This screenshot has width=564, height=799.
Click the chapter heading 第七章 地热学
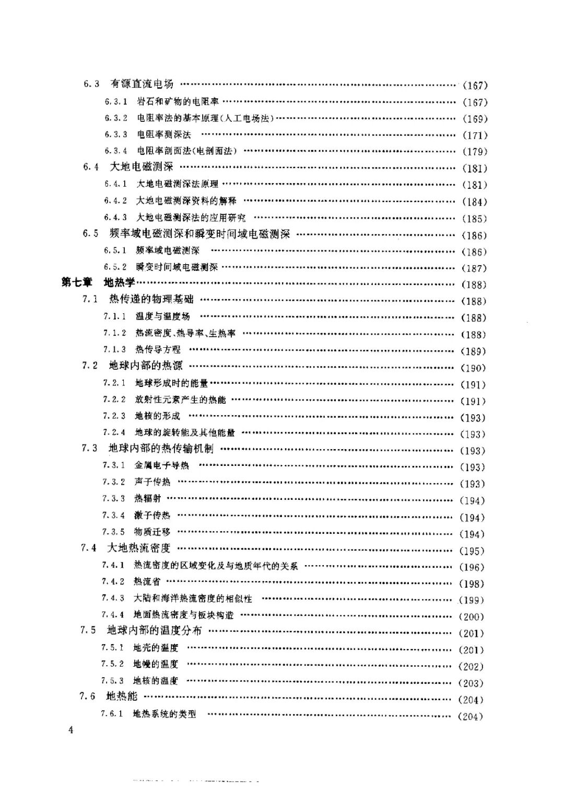[x=98, y=283]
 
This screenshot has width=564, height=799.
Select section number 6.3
[x=91, y=84]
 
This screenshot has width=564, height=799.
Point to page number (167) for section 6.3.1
[x=475, y=102]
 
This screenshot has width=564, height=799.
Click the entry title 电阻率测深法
[x=164, y=134]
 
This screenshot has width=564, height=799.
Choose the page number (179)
[x=475, y=152]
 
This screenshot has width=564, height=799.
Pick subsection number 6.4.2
[x=115, y=201]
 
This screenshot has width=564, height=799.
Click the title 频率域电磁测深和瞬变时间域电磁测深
[x=200, y=234]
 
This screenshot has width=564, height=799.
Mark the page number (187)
[x=474, y=268]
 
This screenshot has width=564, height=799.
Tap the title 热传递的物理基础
[x=151, y=299]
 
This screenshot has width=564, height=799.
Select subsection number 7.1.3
[x=114, y=349]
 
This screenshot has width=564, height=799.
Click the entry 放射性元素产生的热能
[x=180, y=400]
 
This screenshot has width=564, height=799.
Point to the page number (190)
[x=473, y=368]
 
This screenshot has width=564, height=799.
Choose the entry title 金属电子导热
[x=162, y=465]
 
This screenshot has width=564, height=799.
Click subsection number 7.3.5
[x=113, y=532]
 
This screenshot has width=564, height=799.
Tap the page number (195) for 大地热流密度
[x=472, y=551]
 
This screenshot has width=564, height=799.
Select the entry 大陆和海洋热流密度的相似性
[x=193, y=598]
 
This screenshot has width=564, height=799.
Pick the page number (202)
[x=471, y=667]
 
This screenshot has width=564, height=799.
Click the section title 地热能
[x=121, y=697]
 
